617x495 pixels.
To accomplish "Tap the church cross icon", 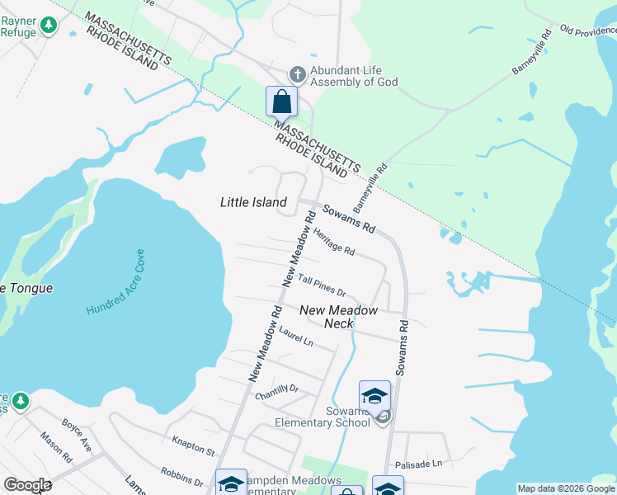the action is click(x=297, y=75).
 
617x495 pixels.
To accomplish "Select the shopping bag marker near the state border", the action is click(x=282, y=102).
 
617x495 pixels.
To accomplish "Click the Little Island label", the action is click(x=254, y=202).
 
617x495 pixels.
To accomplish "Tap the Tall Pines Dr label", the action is click(x=321, y=286).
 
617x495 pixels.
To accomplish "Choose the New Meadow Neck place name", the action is click(x=338, y=317).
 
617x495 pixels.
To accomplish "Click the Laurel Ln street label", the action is click(x=296, y=336).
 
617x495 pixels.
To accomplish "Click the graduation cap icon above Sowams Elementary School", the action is click(x=374, y=395).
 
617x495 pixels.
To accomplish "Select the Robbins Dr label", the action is click(x=182, y=477).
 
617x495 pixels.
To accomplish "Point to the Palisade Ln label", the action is click(x=418, y=464).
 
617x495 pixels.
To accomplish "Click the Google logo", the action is click(x=27, y=485).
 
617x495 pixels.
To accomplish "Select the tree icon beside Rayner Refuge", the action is click(x=50, y=26).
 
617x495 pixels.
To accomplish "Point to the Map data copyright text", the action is click(x=566, y=488).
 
